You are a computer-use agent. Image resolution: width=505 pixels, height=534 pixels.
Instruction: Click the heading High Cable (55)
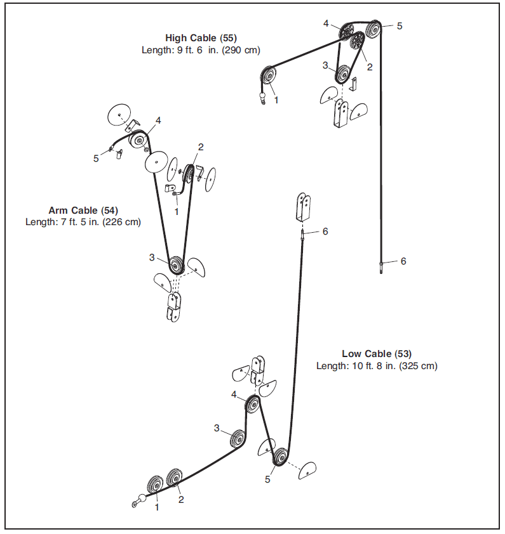coord(201,38)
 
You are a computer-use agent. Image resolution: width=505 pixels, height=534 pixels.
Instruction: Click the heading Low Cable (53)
coord(377,354)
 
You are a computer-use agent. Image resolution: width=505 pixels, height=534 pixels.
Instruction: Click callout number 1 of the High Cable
coord(276,100)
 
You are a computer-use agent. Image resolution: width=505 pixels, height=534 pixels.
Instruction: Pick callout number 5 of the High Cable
coord(400,26)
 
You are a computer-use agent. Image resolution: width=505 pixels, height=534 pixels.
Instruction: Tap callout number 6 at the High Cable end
coord(403,261)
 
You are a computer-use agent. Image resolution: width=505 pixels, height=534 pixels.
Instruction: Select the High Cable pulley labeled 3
coord(343,75)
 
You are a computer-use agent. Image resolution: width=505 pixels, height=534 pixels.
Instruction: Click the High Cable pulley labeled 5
coord(374,28)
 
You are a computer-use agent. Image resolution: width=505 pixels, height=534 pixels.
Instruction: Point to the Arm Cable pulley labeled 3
coord(175,264)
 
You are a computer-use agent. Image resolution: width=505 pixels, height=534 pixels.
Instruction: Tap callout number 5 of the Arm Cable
coord(96,159)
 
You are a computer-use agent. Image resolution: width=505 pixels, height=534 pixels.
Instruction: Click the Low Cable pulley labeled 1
coord(154,485)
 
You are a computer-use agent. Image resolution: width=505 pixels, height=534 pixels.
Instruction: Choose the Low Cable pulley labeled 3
coord(238,439)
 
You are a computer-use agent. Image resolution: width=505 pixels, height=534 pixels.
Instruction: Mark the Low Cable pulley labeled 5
coord(279,457)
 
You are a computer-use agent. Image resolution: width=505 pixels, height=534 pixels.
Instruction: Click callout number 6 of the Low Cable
coord(325,231)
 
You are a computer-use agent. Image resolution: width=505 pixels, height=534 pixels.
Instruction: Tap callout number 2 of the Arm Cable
coord(201,147)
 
